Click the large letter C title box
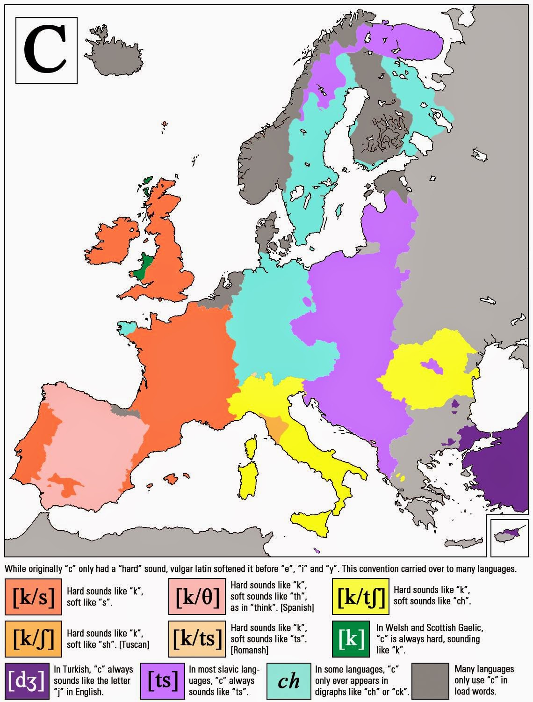(47, 50)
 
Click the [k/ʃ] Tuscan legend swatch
(34, 639)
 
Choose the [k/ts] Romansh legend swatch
(197, 639)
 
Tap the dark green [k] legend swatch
(351, 639)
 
